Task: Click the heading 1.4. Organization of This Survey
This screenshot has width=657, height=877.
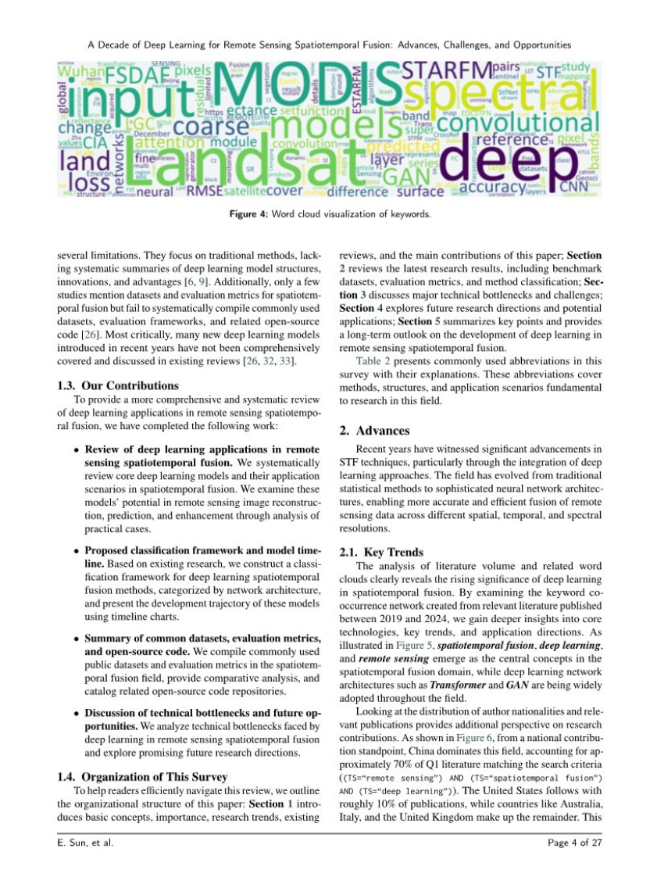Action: [142, 776]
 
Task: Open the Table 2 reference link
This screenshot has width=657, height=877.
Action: [373, 360]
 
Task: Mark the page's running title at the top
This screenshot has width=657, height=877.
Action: [328, 45]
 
